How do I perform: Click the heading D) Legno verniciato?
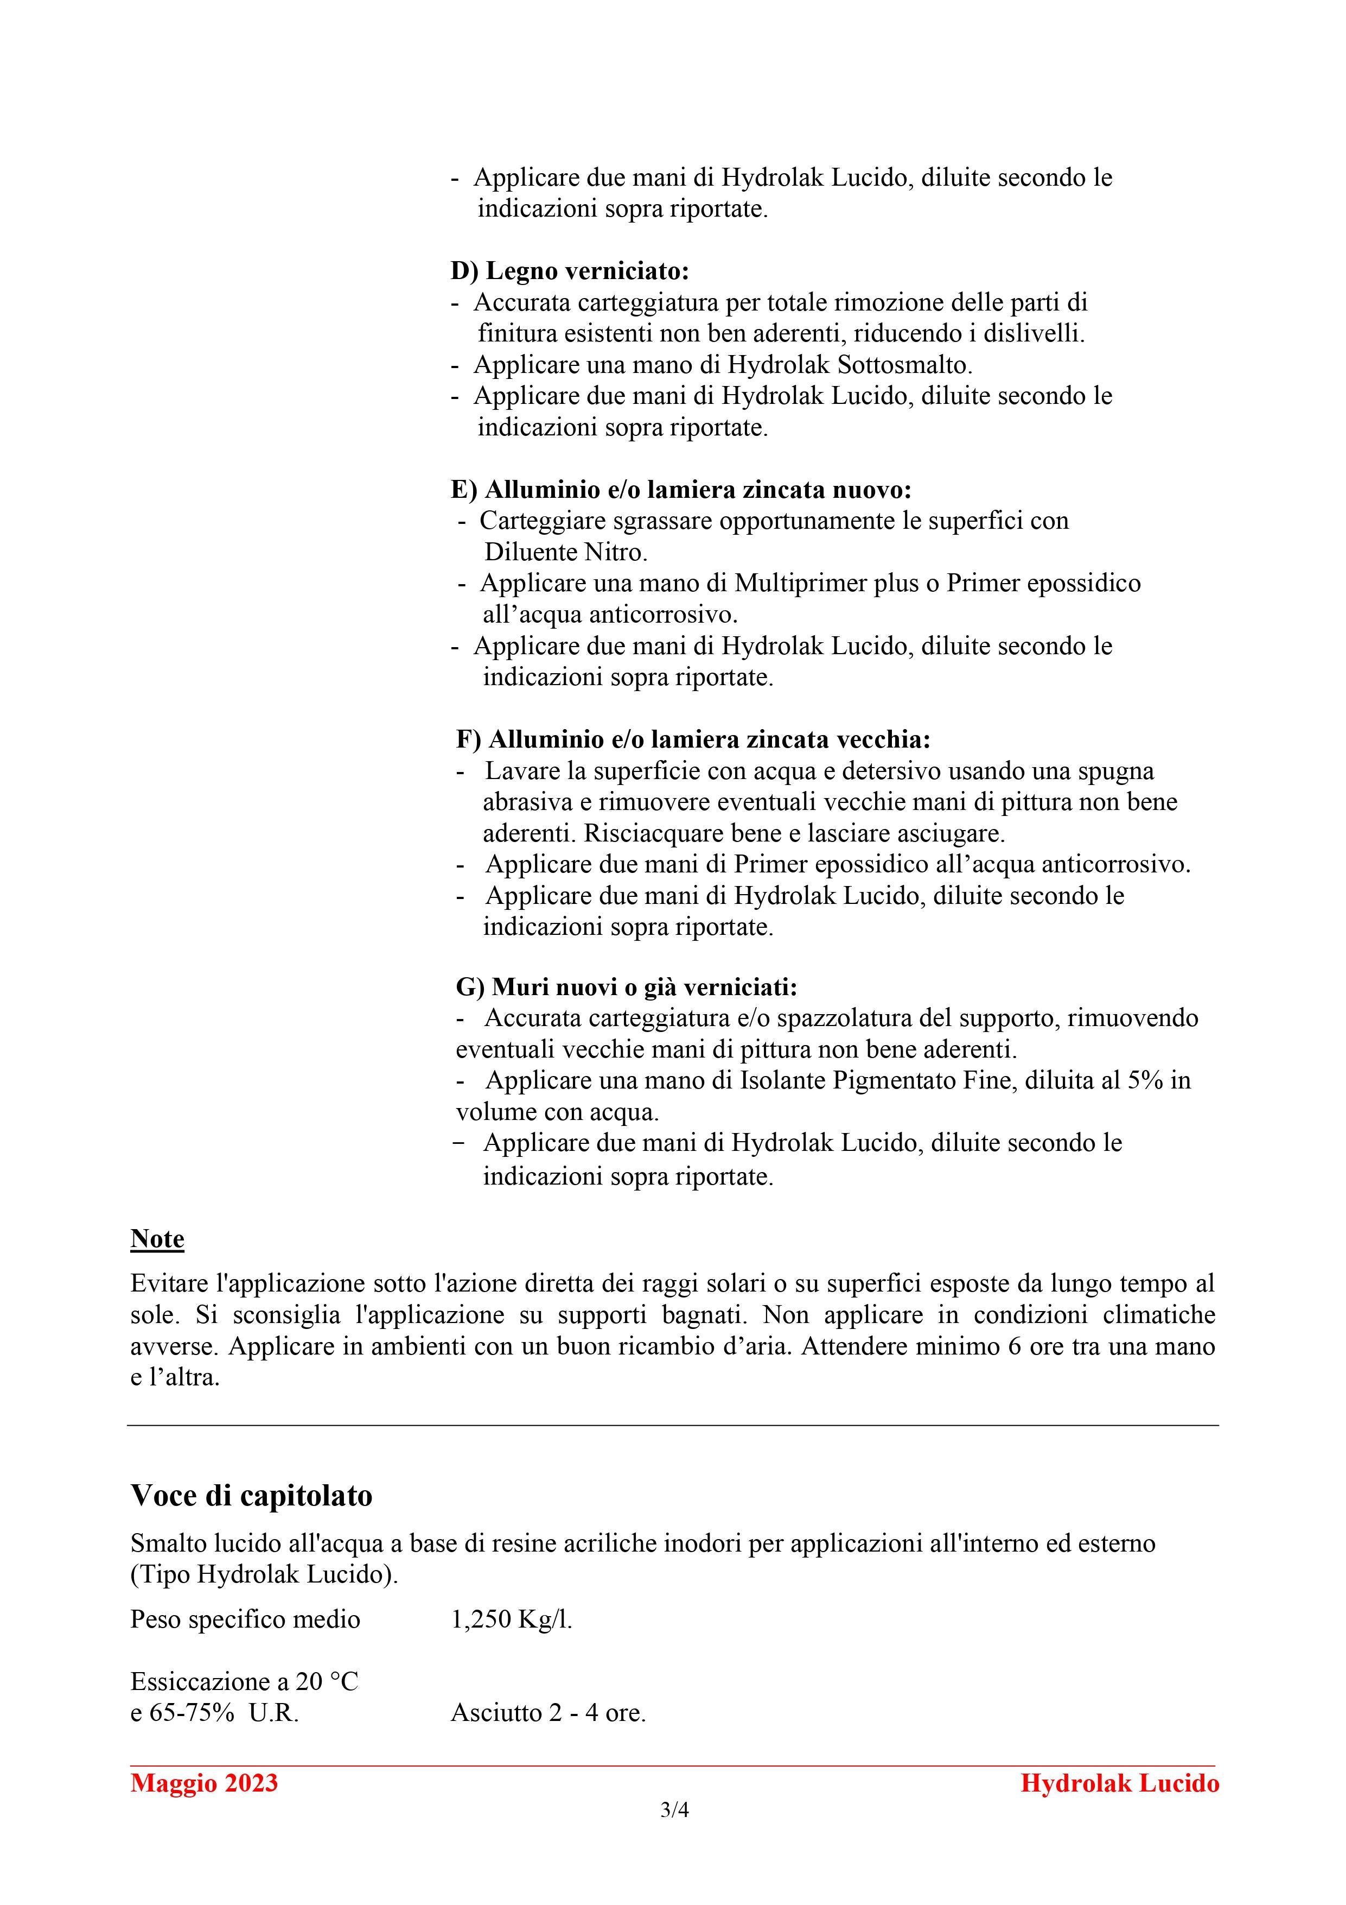pyautogui.click(x=570, y=271)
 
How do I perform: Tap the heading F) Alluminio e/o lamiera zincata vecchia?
pyautogui.click(x=693, y=739)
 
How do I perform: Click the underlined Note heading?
pyautogui.click(x=157, y=1239)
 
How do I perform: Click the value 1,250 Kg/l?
pyautogui.click(x=512, y=1619)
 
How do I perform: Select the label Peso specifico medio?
pyautogui.click(x=245, y=1619)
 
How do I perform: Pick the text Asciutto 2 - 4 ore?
pyautogui.click(x=548, y=1712)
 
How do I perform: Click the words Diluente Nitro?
pyautogui.click(x=566, y=553)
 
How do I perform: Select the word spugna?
pyautogui.click(x=1115, y=771)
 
